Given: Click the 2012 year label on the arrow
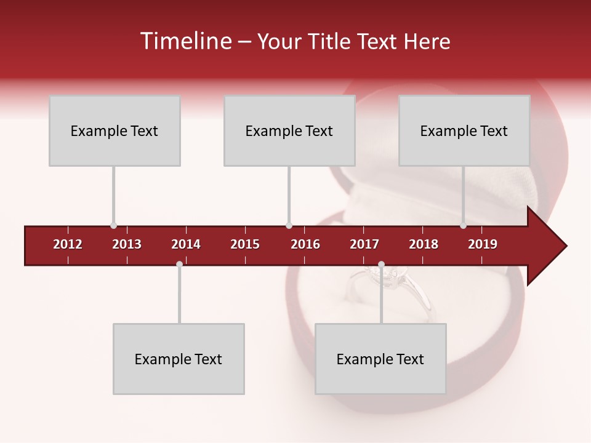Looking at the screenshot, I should coord(68,244).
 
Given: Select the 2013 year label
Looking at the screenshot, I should coord(127,244).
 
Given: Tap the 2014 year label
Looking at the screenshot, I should coord(186,244).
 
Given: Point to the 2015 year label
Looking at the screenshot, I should coord(245,244).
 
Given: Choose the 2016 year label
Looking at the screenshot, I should coord(305,244).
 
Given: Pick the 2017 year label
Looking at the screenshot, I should coord(364,244).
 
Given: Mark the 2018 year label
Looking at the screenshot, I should coord(424,244).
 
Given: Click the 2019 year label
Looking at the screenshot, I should coord(483,244).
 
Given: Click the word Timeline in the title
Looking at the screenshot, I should coord(185,41).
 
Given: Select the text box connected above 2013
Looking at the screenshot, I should coord(115,130).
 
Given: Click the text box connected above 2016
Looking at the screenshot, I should coord(289,130).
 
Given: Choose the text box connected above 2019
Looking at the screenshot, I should coord(464,130).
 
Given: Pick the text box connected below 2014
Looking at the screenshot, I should coord(179,359).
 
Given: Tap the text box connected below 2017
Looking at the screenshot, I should coord(380,359).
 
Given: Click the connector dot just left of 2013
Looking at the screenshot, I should coord(113,226).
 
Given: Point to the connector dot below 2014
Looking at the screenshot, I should coord(179,265).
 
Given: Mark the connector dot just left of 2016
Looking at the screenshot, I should coord(289,226).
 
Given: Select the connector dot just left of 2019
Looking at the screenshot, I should coord(464,226).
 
